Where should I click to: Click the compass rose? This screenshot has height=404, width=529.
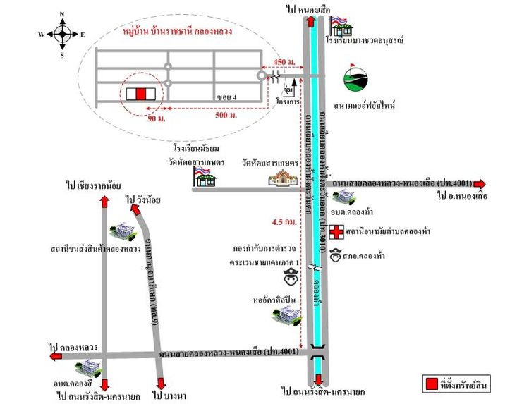62,33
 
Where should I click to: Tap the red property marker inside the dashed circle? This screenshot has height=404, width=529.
140,93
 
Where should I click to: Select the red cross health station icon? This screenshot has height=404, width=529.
331,231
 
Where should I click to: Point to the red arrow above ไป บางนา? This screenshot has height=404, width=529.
162,384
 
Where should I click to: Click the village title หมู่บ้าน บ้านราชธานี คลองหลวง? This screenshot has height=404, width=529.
178,31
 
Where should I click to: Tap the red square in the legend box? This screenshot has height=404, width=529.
430,385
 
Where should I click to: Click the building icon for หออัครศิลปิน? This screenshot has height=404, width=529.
290,315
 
